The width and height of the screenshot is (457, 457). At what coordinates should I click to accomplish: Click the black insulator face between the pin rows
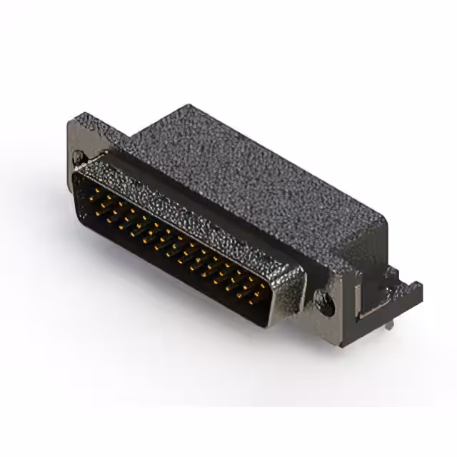click(x=179, y=246)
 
